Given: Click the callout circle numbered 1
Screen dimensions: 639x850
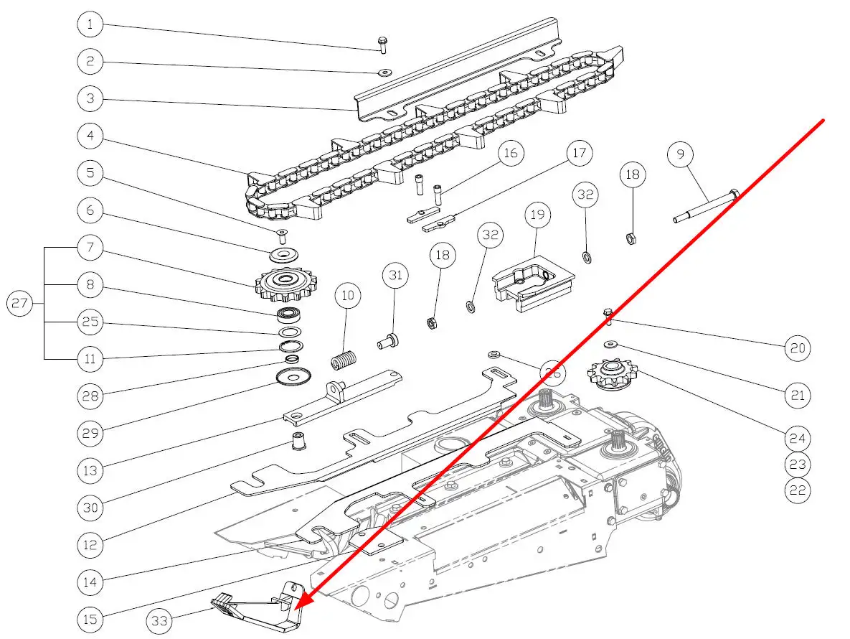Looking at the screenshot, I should tap(90, 25).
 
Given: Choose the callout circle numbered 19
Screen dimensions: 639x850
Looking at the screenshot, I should tap(537, 215).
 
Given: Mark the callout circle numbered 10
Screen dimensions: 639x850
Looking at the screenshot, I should tap(348, 295).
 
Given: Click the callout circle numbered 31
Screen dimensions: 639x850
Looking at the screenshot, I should tap(394, 275).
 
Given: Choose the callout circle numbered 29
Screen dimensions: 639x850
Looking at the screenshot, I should tap(90, 433).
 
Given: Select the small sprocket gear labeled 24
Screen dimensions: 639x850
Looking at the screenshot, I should tap(612, 375).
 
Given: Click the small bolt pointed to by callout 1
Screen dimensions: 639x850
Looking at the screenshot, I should tap(382, 44).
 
